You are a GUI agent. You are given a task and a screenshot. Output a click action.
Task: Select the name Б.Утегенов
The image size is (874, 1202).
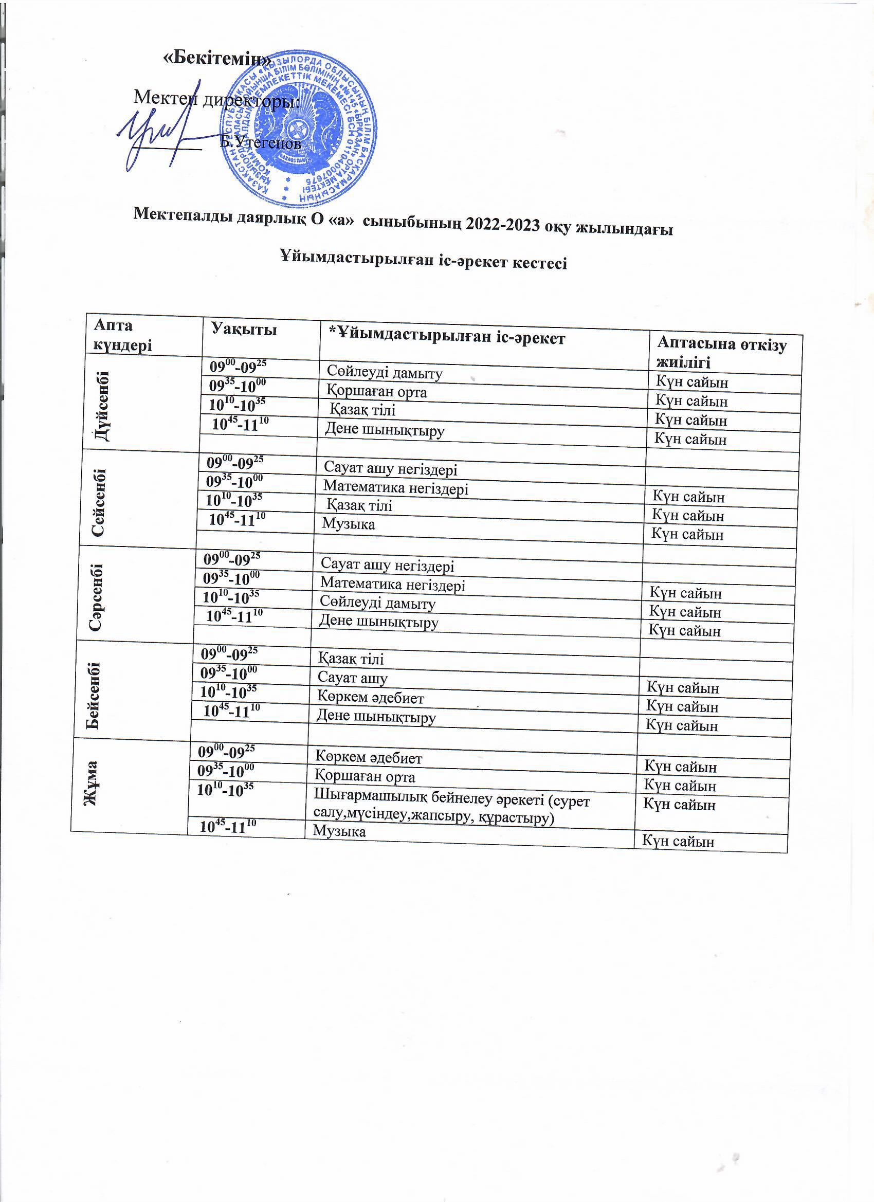260,142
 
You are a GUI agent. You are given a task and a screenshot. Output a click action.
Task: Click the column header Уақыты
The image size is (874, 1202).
244,330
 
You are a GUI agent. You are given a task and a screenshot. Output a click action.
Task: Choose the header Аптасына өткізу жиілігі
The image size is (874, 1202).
721,353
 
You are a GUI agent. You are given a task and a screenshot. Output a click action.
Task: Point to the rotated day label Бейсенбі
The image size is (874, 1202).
93,695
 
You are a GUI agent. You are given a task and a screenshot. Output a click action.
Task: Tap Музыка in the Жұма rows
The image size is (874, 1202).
339,831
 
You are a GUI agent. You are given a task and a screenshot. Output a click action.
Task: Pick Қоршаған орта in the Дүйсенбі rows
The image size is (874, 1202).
376,392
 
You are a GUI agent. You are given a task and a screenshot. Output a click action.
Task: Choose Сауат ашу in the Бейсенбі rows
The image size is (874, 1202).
352,678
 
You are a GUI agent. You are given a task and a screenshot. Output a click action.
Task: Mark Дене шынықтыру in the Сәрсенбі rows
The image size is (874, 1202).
378,621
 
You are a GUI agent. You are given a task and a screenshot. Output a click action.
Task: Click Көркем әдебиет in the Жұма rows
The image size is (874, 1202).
368,757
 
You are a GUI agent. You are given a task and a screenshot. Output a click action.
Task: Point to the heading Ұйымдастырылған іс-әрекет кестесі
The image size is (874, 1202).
423,261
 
